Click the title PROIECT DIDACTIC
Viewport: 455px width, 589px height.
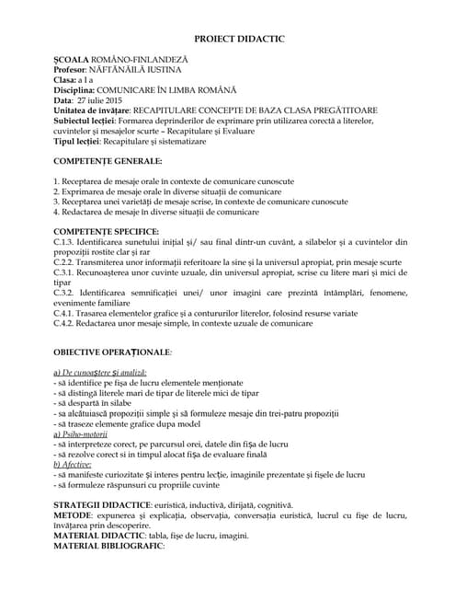(239, 38)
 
